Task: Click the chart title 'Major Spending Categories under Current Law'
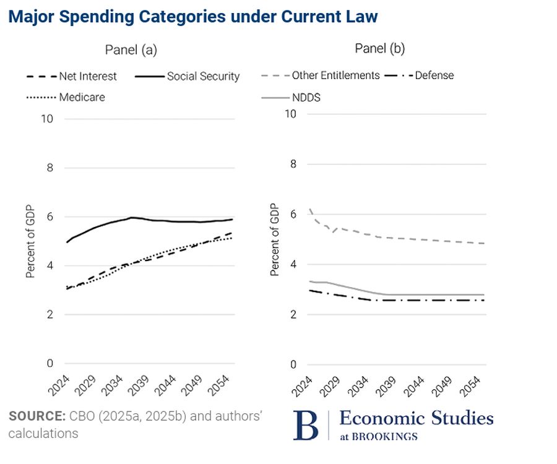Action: pyautogui.click(x=192, y=17)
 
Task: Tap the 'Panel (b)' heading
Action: pyautogui.click(x=379, y=48)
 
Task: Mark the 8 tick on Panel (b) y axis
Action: pyautogui.click(x=294, y=164)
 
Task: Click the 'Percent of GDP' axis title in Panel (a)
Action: pyautogui.click(x=30, y=241)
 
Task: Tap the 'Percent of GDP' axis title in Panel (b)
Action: pyautogui.click(x=274, y=240)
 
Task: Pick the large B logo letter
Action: pyautogui.click(x=305, y=425)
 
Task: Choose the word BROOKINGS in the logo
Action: pyautogui.click(x=384, y=436)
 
